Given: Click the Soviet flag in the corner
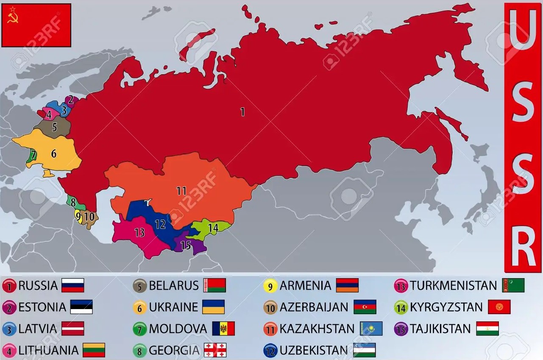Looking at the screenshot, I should click(x=36, y=25).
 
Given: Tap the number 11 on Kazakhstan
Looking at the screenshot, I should click(x=181, y=191).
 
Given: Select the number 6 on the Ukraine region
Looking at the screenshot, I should click(x=54, y=153).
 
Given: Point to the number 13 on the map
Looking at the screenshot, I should click(x=139, y=232).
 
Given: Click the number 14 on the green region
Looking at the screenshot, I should click(x=213, y=228).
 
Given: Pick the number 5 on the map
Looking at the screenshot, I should click(x=54, y=127).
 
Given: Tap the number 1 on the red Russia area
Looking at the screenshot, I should click(x=242, y=112).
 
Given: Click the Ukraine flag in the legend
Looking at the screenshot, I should click(x=213, y=307).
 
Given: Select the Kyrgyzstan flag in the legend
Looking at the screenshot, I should click(x=499, y=307).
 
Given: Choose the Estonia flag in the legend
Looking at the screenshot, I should click(x=81, y=307).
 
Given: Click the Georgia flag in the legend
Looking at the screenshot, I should click(x=215, y=350).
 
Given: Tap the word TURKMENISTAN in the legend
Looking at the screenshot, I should click(x=453, y=285).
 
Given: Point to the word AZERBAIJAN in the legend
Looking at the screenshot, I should click(x=314, y=307).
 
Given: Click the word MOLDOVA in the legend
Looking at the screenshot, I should click(x=178, y=329).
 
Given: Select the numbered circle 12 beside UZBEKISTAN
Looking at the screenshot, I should click(x=270, y=351).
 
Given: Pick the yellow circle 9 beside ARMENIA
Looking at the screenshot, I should click(x=270, y=286).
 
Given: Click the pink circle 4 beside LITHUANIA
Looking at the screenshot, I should click(x=9, y=351).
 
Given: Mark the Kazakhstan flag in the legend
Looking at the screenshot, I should click(x=371, y=329).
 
